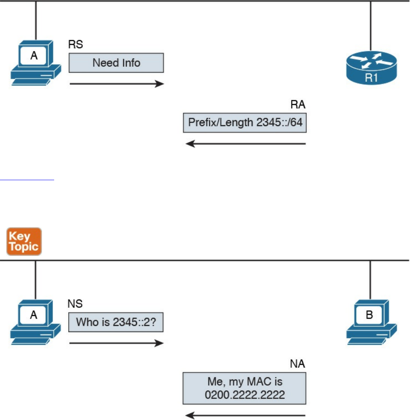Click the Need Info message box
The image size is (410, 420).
116,63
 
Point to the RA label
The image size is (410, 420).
297,105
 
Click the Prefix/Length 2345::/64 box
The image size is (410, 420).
244,123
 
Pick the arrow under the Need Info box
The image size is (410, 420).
117,84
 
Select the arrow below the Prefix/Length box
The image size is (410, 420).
245,144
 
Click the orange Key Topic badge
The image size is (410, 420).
24,241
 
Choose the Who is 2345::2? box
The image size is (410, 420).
116,322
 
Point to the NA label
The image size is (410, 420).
297,364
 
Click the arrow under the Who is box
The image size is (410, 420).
117,343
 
